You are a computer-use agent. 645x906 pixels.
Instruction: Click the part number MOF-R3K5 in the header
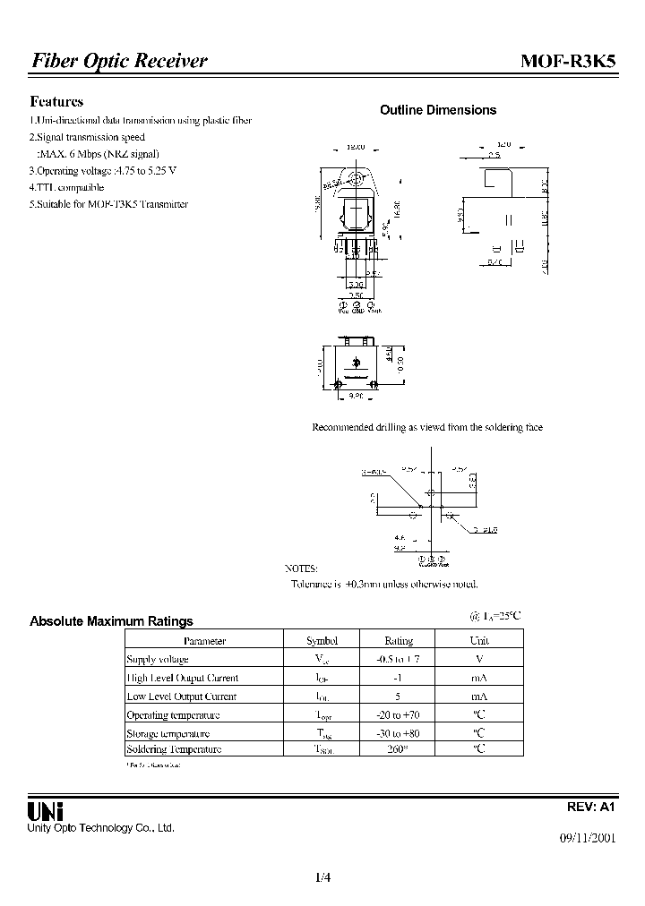568,61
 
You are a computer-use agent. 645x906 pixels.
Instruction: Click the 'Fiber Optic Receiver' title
119,61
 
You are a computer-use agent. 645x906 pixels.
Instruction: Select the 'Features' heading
56,102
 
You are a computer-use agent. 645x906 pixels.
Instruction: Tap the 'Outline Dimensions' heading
438,110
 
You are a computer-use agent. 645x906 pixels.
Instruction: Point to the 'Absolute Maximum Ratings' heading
111,621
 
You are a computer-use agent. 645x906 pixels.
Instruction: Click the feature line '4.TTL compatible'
66,187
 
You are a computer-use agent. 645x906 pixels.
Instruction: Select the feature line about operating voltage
103,170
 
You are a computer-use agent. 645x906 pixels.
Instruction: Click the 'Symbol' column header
322,641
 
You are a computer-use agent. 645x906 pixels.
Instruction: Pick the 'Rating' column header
399,641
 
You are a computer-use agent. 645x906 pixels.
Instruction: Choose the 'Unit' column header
479,641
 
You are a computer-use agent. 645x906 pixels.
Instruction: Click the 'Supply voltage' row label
158,659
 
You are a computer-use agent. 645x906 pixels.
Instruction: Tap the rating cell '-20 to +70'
399,715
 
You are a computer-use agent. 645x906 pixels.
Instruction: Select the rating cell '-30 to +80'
399,733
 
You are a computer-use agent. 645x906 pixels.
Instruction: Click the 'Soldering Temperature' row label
174,749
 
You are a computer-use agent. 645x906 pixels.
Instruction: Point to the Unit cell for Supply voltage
479,659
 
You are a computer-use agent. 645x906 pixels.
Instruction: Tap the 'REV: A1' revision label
592,807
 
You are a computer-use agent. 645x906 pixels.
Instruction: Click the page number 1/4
323,878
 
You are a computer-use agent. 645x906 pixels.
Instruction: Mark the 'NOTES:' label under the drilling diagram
301,568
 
